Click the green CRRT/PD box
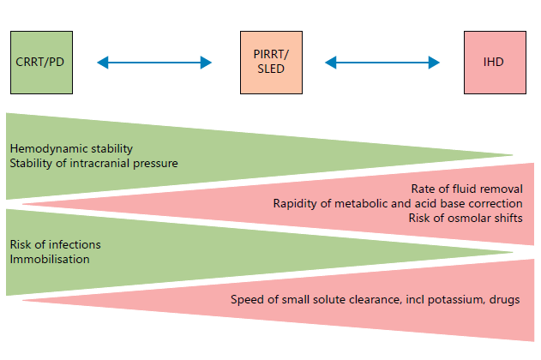[x=40, y=63]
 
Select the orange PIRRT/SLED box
[x=271, y=63]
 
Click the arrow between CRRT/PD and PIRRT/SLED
[x=154, y=63]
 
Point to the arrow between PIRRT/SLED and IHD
[x=384, y=63]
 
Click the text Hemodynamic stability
[x=71, y=148]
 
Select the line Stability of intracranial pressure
[x=94, y=162]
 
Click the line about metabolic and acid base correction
[x=398, y=203]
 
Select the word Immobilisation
[x=50, y=258]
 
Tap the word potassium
[x=440, y=299]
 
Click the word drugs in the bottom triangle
[x=502, y=299]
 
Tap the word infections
[x=69, y=243]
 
